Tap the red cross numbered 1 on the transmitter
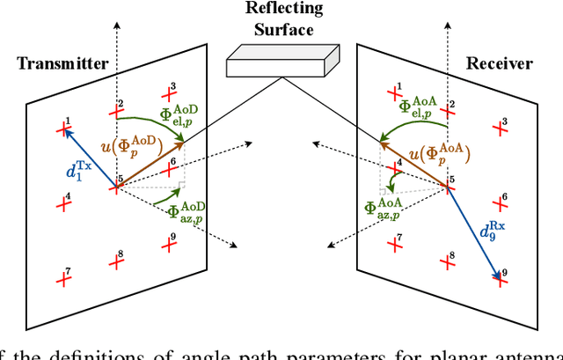(x=62, y=129)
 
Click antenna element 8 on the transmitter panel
(x=117, y=261)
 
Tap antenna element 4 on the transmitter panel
(x=62, y=203)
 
